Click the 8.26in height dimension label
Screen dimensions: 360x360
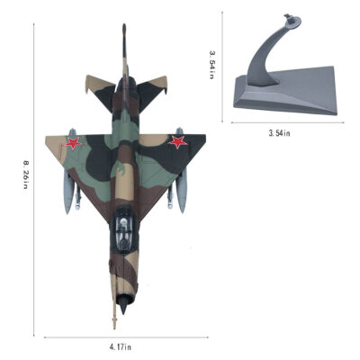25,175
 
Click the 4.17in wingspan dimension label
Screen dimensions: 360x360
121,347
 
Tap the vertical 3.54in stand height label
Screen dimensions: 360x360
211,65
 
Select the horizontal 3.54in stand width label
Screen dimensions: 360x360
279,133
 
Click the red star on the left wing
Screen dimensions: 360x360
73,143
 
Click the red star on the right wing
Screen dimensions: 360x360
178,142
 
